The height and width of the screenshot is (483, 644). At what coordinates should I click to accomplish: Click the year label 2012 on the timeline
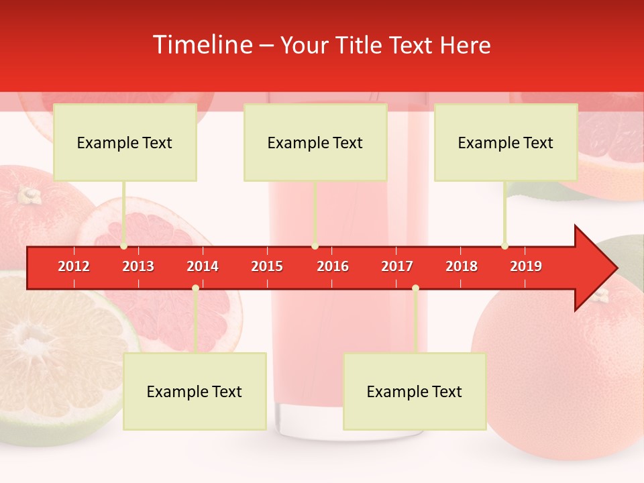[x=74, y=266]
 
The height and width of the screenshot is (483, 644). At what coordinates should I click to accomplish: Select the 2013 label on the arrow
[x=138, y=266]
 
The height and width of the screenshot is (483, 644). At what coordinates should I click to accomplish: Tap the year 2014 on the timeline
[x=203, y=266]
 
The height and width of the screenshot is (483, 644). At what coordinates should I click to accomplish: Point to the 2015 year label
[x=267, y=266]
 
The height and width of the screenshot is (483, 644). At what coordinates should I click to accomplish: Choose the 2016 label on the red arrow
[x=333, y=266]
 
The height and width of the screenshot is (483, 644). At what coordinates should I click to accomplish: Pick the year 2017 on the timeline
[x=397, y=266]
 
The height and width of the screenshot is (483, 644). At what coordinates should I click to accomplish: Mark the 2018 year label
[x=462, y=266]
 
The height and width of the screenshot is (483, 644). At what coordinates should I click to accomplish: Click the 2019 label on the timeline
[x=526, y=266]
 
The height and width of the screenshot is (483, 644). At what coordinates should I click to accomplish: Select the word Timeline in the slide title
[x=201, y=45]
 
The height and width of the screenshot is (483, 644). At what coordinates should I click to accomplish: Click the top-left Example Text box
[x=125, y=142]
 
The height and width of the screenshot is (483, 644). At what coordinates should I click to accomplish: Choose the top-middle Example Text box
[x=315, y=142]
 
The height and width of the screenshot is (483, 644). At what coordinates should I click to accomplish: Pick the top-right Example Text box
[x=506, y=142]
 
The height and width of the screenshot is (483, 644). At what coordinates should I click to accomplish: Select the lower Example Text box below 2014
[x=195, y=391]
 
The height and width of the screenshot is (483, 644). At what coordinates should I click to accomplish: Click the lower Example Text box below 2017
[x=415, y=391]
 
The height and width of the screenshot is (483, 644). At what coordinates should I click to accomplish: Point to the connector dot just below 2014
[x=195, y=288]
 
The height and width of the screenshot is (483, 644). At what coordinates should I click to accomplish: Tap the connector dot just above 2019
[x=504, y=246]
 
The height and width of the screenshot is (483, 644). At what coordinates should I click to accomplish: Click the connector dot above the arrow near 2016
[x=315, y=246]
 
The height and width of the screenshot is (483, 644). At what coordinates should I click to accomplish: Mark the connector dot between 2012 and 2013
[x=124, y=246]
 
